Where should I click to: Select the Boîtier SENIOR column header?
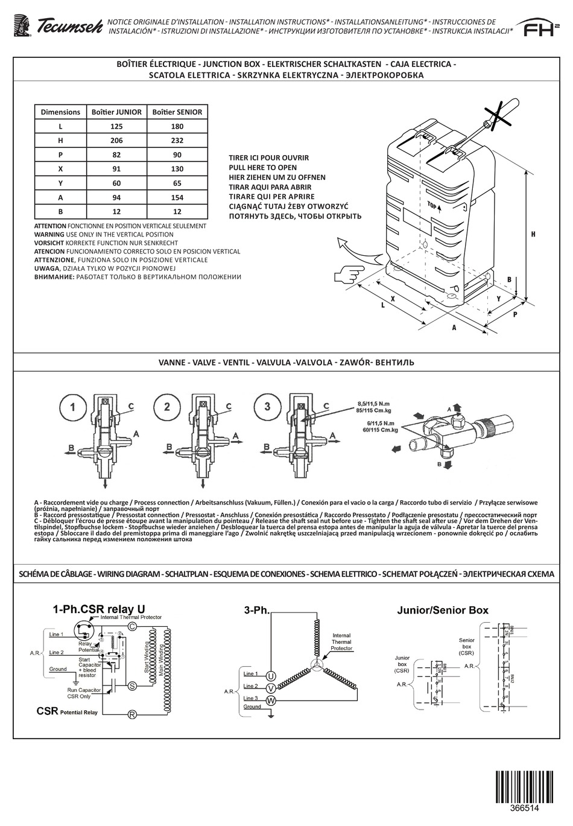coord(177,112)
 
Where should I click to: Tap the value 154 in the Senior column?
coord(177,198)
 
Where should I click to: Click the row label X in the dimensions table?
coord(60,170)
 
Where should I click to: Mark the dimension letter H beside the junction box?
coord(533,235)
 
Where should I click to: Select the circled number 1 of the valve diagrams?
coord(72,407)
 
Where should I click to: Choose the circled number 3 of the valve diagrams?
coord(267,405)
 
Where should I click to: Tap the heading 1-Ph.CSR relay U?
coord(99,609)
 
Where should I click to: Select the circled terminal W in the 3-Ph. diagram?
coord(271,700)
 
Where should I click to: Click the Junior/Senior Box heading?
coord(442,610)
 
